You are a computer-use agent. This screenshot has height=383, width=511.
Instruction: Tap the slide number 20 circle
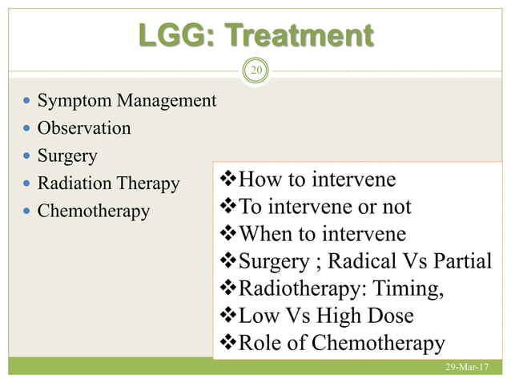coord(256,71)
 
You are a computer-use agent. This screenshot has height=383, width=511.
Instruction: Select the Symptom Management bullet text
coord(127,101)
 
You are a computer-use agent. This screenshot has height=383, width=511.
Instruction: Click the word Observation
coord(84,128)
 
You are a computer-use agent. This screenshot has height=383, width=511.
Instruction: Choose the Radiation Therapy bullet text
coord(109,183)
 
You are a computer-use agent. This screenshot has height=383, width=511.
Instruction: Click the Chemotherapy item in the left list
coord(94,212)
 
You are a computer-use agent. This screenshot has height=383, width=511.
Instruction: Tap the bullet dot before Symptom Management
coord(28,102)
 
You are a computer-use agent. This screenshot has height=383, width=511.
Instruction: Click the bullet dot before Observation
coord(28,129)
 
